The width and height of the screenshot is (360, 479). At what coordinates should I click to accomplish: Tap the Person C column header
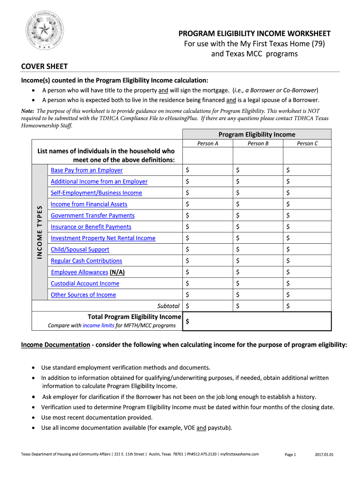307,144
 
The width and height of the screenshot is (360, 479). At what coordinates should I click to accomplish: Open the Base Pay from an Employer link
86,170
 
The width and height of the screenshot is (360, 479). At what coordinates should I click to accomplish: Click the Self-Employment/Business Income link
96,193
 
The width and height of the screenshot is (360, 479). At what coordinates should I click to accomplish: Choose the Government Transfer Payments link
93,216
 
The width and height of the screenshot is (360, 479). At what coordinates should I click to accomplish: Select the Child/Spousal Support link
80,250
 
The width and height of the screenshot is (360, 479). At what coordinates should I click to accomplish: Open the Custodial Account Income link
85,283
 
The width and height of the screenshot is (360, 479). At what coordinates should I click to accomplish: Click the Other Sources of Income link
83,295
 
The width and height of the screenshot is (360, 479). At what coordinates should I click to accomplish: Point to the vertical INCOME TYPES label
40,232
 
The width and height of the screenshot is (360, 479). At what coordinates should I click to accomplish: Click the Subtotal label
168,306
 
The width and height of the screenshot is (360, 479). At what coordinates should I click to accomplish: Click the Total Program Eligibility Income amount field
257,321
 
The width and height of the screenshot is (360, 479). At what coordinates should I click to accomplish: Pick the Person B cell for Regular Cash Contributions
257,261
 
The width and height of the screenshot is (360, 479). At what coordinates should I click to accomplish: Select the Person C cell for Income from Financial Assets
307,204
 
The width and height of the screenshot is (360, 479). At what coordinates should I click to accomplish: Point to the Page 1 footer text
290,454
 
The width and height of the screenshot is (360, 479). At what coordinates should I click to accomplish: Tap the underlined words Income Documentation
56,345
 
